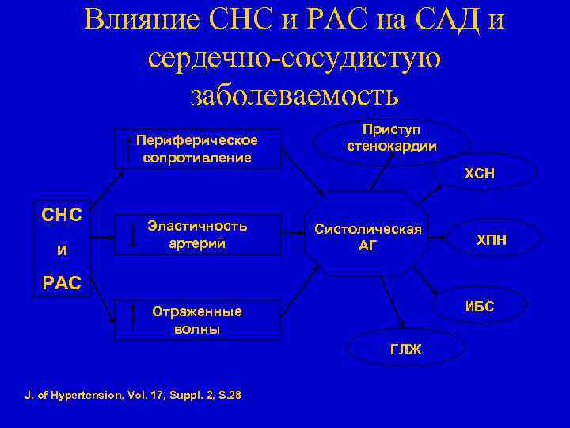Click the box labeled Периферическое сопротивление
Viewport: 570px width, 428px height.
coord(198,148)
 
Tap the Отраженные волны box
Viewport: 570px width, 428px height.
coord(198,319)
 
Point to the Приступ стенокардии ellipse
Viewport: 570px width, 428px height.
coord(392,138)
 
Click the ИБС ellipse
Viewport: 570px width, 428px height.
coord(479,306)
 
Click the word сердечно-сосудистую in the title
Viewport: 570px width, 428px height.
coord(294,57)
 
